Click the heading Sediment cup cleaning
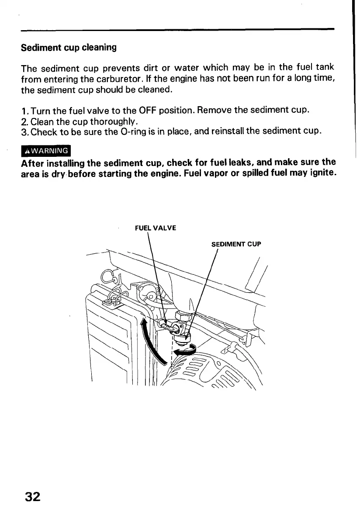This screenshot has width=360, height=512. tap(69, 47)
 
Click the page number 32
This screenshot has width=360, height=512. tap(33, 497)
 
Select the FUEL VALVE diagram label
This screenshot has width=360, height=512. tap(156, 228)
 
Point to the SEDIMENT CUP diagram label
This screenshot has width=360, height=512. tap(236, 244)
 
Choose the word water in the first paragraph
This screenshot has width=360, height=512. tap(186, 68)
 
